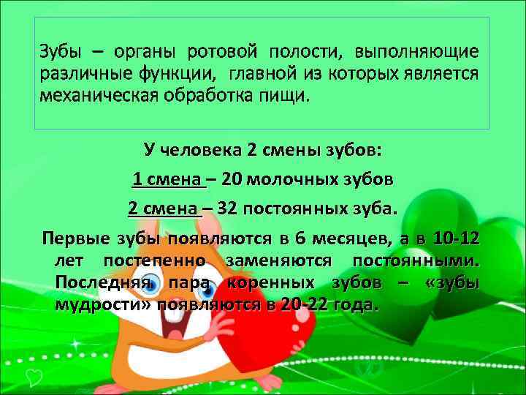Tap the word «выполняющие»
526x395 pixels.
point(416,52)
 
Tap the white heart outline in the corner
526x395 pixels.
point(32,376)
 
